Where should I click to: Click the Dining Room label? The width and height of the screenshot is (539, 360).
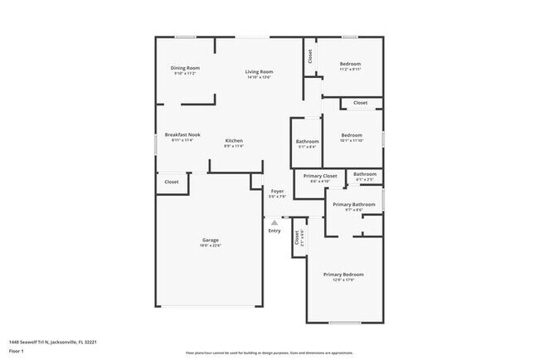point(186,68)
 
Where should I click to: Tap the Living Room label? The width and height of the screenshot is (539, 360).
point(259,71)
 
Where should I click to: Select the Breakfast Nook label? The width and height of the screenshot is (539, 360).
point(182,135)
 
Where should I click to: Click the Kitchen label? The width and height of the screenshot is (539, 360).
point(234,140)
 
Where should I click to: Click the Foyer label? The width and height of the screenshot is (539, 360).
point(277,191)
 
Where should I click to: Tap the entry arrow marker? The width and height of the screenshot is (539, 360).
point(274,221)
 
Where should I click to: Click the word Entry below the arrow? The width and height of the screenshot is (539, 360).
point(274,231)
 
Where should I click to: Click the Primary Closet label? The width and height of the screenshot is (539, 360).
point(320,176)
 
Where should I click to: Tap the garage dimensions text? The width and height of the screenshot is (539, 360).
point(210,246)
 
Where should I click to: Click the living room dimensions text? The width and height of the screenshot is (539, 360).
point(259,77)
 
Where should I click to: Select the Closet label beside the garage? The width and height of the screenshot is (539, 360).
point(171,182)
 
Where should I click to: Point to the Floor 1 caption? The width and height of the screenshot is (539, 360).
point(17,351)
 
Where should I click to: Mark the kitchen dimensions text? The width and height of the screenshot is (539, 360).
point(234,146)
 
